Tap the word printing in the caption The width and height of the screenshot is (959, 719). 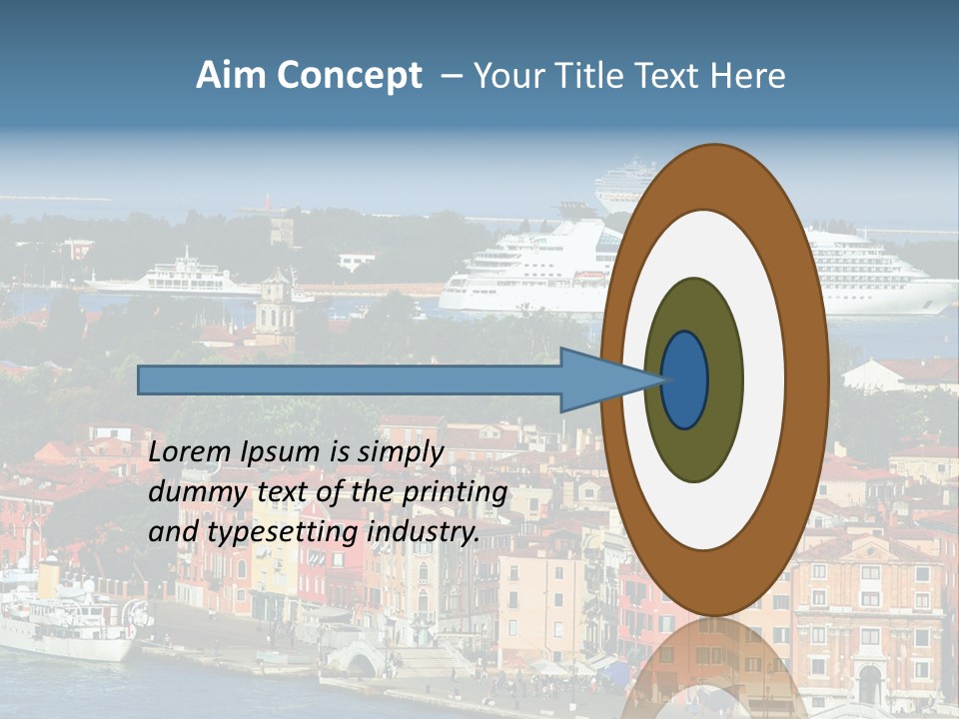pyautogui.click(x=454, y=492)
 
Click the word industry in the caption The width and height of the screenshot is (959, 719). pyautogui.click(x=424, y=532)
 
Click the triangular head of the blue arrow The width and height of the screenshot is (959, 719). pyautogui.click(x=599, y=379)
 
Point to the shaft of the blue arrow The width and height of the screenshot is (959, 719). pyautogui.click(x=350, y=379)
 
